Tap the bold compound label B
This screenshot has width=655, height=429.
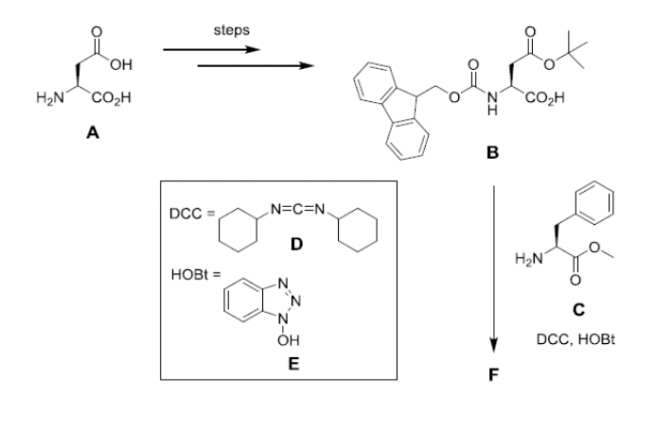491,155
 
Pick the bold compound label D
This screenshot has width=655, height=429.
296,244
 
